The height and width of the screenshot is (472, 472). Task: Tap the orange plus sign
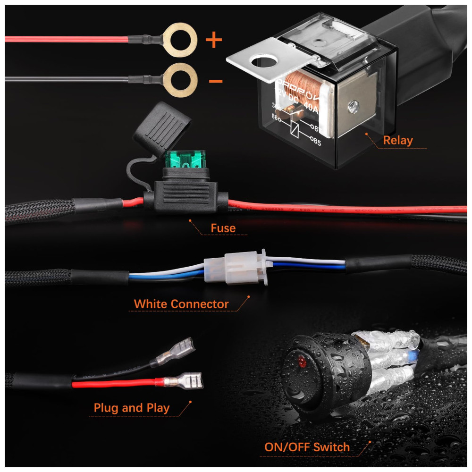coord(214,40)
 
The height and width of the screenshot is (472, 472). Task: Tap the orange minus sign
coord(216,81)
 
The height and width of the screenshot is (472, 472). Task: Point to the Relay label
coord(397,140)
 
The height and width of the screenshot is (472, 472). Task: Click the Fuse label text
coord(223,229)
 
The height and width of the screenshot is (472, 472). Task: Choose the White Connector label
coord(181,304)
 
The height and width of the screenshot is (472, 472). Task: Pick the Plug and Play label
coord(132,408)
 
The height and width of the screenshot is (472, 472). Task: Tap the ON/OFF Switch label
coord(307,447)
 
